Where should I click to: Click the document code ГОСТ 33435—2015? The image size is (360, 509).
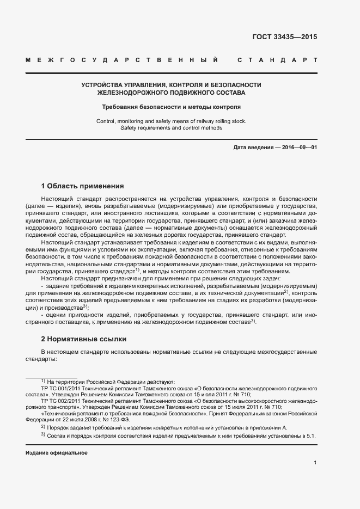[x=285, y=37]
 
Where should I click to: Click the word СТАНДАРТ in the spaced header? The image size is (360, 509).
[x=277, y=59]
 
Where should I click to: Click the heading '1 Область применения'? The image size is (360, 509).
[x=82, y=186]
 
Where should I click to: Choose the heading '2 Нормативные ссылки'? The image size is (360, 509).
[x=83, y=338]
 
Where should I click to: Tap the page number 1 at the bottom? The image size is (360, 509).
[x=315, y=462]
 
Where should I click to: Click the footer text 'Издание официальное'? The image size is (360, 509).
[x=57, y=453]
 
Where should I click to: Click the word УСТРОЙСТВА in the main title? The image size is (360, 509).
[x=104, y=85]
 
